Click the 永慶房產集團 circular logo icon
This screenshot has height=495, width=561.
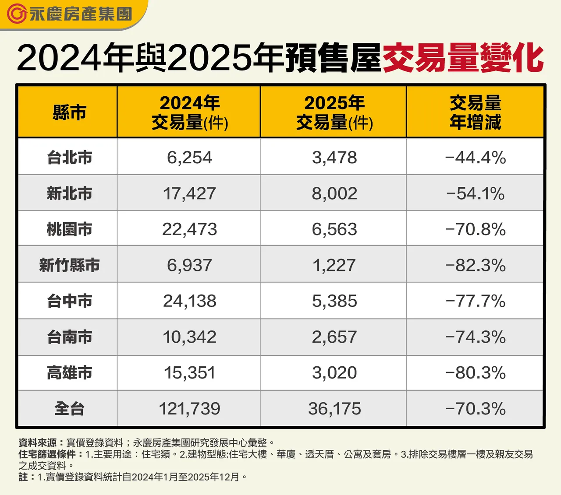click(x=17, y=14)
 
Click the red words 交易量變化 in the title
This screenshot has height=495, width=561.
click(x=463, y=58)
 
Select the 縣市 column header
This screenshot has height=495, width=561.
click(x=69, y=112)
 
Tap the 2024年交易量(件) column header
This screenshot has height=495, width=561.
click(x=189, y=112)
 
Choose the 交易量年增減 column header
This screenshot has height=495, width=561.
click(x=475, y=112)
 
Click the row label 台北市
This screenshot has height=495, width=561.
click(x=69, y=158)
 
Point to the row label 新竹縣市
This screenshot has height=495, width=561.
click(x=69, y=265)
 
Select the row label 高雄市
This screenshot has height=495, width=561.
click(x=69, y=373)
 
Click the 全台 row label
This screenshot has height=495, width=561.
click(x=69, y=409)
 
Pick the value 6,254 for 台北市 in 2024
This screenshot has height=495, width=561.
click(x=189, y=158)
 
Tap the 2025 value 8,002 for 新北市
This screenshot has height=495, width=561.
click(x=334, y=193)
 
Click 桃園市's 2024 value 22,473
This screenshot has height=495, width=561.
click(x=189, y=229)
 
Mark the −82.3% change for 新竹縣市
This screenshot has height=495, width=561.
click(x=475, y=265)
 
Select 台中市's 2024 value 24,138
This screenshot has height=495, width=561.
click(x=189, y=301)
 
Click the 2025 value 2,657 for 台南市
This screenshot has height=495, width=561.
click(x=334, y=337)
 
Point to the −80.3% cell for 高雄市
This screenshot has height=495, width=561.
click(x=475, y=373)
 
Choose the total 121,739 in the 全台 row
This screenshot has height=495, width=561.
click(x=189, y=409)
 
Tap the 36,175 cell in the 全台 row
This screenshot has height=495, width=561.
click(x=334, y=409)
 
